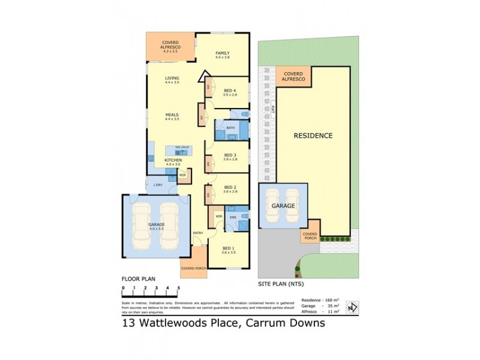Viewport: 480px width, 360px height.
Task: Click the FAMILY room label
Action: [223, 53]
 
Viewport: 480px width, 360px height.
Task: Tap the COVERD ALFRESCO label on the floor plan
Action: [171, 44]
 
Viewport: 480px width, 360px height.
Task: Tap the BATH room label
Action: [230, 128]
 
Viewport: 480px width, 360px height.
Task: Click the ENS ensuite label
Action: [233, 217]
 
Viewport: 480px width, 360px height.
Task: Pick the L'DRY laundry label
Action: [158, 184]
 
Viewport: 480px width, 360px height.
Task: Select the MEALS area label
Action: [172, 115]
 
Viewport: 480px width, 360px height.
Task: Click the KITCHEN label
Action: [172, 160]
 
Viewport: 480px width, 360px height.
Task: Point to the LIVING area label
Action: [172, 78]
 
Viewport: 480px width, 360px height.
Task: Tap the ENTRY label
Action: [197, 233]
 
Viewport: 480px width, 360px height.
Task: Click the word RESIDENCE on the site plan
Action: [313, 136]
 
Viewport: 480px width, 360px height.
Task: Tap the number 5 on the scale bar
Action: [179, 288]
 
